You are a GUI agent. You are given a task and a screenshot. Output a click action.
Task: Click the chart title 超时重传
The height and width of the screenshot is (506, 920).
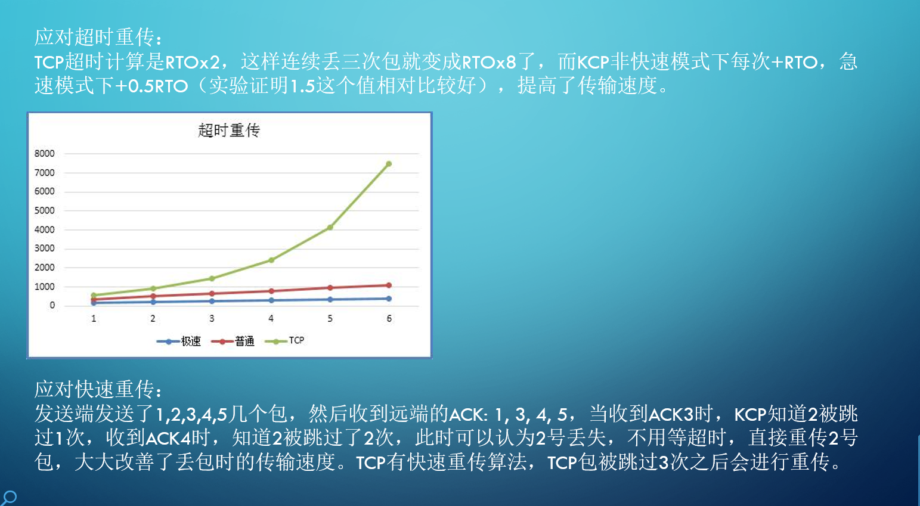point(229,130)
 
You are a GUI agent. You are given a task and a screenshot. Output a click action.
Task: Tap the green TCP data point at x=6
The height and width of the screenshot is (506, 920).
point(389,164)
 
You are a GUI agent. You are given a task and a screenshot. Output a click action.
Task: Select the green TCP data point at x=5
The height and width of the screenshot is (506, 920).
point(330,228)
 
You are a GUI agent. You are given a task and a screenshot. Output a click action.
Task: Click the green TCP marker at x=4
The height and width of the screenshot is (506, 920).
point(271,260)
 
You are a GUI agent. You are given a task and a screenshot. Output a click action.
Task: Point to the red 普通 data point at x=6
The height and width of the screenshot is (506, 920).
point(389,285)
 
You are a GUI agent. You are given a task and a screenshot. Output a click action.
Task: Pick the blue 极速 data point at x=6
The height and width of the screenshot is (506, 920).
point(389,299)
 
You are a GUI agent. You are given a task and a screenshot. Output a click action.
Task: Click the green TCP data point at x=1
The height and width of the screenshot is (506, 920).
point(94,295)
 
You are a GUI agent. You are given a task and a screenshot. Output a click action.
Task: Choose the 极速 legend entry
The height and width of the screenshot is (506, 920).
point(179,342)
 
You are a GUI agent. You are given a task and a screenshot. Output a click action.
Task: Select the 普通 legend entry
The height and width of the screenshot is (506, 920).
point(233,342)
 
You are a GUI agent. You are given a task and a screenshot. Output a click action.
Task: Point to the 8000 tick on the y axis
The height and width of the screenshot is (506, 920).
point(45,154)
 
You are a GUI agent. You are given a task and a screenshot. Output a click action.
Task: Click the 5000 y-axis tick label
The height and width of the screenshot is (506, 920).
point(45,210)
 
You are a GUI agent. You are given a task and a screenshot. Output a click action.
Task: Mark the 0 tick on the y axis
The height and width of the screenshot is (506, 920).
point(52,305)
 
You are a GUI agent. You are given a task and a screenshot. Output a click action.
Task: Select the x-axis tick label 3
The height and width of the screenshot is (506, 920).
point(212,319)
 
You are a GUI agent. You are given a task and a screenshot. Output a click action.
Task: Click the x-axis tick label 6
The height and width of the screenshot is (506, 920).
point(389,319)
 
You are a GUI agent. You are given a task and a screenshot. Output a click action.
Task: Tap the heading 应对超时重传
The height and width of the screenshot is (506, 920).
point(98,38)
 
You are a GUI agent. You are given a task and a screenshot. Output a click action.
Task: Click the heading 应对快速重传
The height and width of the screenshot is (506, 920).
point(98,389)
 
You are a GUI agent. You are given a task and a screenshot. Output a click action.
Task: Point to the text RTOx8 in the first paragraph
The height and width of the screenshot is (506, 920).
point(489,62)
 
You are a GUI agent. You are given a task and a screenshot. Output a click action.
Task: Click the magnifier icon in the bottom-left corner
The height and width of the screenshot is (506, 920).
point(9,497)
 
